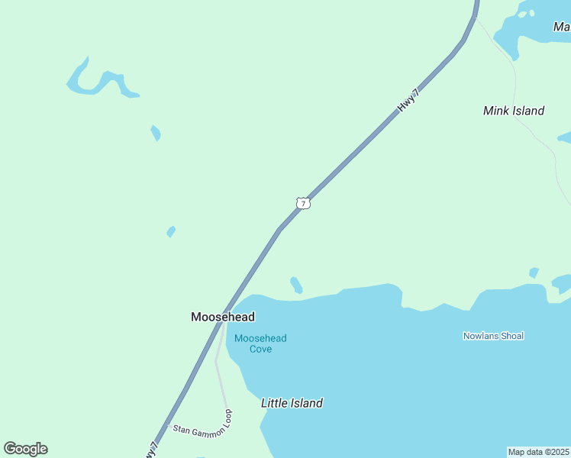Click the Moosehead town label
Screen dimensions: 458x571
tap(222, 317)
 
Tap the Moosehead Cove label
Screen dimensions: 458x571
tap(260, 343)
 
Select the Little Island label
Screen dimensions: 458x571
tap(292, 403)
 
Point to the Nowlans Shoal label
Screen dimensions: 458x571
tap(493, 336)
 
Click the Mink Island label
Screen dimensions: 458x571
tap(514, 111)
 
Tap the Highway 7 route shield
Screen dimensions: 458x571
tap(303, 203)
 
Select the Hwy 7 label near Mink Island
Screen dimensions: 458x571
tap(408, 101)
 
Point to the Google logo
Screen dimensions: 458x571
tap(25, 449)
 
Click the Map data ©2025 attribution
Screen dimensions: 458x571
tap(539, 452)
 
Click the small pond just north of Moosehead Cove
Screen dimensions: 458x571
tap(296, 285)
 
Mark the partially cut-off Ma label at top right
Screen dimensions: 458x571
tap(561, 27)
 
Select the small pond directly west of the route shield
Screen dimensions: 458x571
tap(171, 231)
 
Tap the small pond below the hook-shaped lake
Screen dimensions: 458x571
tap(156, 133)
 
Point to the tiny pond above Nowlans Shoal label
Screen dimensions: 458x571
tap(534, 273)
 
